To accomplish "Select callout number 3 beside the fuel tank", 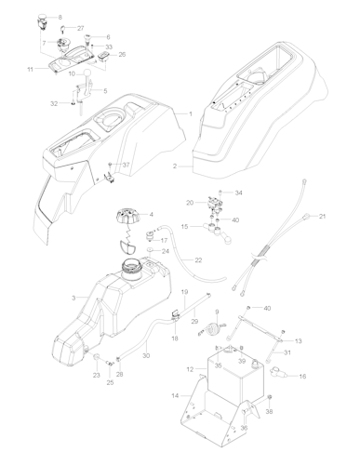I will click(x=73, y=297).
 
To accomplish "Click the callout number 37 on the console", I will click(x=127, y=166).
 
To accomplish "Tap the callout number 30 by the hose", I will click(x=145, y=354).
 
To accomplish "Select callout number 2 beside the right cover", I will click(x=174, y=166).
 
